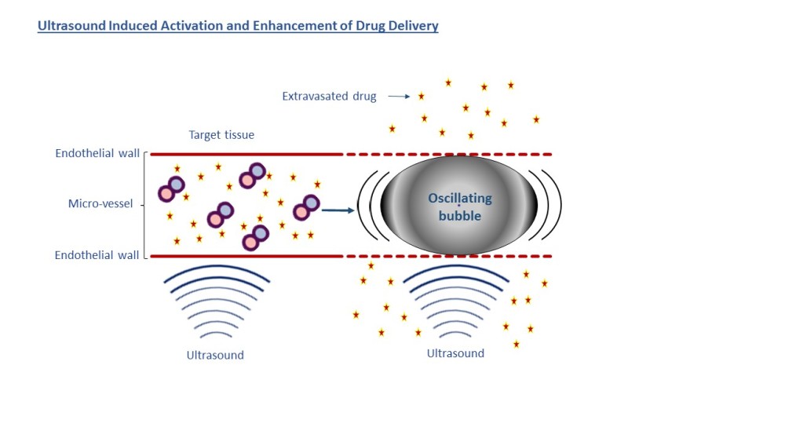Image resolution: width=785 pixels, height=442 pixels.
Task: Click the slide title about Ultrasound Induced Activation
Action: pos(238,26)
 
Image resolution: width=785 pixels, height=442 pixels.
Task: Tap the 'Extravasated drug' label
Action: pos(329,97)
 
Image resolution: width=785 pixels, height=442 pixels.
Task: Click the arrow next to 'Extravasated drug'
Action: pos(399,97)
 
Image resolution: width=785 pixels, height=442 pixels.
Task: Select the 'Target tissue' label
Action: pos(221,135)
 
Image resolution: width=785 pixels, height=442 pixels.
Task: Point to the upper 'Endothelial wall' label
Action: pos(97,153)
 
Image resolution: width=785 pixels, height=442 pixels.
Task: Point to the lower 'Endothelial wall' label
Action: pos(97,255)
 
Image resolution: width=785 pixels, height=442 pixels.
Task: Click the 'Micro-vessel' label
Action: pos(100,204)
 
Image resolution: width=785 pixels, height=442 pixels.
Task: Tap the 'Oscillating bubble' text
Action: pos(459,206)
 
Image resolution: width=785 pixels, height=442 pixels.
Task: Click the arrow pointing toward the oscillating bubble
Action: pos(335,210)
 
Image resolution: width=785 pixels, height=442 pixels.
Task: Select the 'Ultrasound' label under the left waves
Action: pos(215,355)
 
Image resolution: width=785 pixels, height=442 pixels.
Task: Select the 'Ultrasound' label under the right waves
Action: pos(455,353)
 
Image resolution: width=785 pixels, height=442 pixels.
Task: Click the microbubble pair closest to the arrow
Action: pos(305,207)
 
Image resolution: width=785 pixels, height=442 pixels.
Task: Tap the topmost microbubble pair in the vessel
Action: pos(252,176)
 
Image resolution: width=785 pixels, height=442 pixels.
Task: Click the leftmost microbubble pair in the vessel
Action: pos(171,188)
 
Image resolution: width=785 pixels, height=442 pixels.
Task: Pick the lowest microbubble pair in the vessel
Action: pos(255,237)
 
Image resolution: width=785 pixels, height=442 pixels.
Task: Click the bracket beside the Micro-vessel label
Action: pos(146,204)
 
